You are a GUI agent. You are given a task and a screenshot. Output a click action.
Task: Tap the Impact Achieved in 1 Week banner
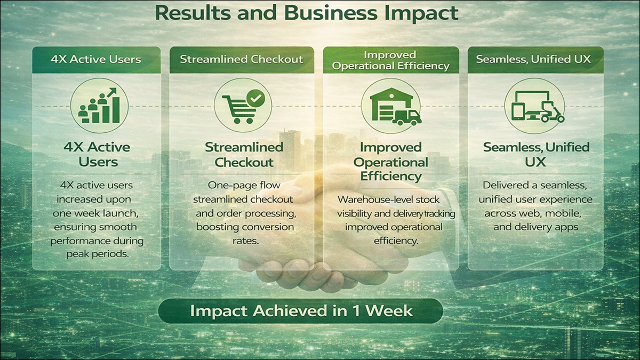(x=301, y=311)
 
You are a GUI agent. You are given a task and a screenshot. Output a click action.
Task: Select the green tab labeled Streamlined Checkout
(x=242, y=59)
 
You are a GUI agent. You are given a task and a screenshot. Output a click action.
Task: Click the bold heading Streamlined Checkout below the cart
(x=244, y=154)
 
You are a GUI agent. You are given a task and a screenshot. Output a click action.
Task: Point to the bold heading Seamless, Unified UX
(x=536, y=154)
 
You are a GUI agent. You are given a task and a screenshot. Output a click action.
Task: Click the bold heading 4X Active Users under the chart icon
(x=97, y=154)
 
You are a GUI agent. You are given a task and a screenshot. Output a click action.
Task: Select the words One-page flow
(x=244, y=186)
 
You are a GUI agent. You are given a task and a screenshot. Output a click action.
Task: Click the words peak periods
(x=97, y=254)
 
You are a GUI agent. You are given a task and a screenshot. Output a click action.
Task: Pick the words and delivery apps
(x=535, y=227)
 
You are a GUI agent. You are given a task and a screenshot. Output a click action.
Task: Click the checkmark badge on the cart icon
(x=256, y=98)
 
